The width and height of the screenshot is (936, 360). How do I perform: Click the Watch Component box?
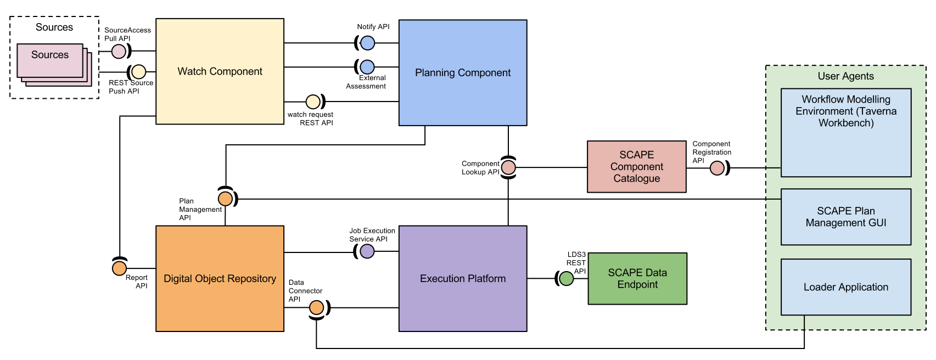click(220, 71)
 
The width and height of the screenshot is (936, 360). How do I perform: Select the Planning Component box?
click(463, 72)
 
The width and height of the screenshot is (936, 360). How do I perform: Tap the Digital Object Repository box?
click(220, 279)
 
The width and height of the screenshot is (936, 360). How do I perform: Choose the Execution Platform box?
click(463, 279)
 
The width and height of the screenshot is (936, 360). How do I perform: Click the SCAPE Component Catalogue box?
click(636, 167)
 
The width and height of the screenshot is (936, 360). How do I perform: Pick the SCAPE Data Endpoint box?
click(637, 279)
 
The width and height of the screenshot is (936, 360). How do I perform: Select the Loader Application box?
click(846, 287)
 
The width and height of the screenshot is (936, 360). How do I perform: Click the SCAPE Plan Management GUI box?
click(846, 217)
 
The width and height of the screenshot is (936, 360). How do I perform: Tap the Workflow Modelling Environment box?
click(846, 132)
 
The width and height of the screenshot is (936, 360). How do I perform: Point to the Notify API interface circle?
click(368, 43)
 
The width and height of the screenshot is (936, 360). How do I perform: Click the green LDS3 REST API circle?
click(566, 279)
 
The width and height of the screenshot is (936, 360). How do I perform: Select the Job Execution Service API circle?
click(367, 251)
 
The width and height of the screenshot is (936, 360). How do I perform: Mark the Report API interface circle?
click(120, 268)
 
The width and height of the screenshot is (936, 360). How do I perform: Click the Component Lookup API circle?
click(508, 167)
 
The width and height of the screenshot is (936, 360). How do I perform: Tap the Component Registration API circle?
click(717, 168)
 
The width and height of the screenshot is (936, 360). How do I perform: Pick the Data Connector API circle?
click(316, 308)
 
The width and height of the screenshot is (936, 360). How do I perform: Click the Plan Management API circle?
click(225, 199)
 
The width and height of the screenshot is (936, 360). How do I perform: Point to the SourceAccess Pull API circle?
click(119, 52)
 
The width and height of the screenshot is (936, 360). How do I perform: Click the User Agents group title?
click(846, 76)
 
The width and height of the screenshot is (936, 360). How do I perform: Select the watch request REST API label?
click(311, 119)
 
